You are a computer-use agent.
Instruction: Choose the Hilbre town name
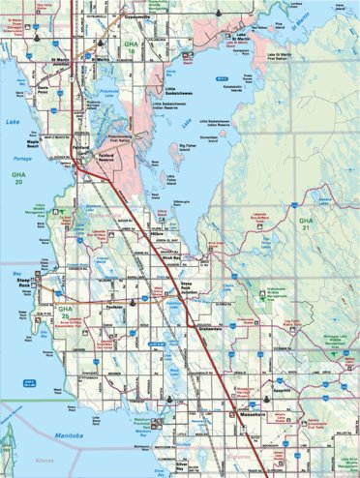coord(159,233)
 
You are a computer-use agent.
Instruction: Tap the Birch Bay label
coord(172,258)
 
